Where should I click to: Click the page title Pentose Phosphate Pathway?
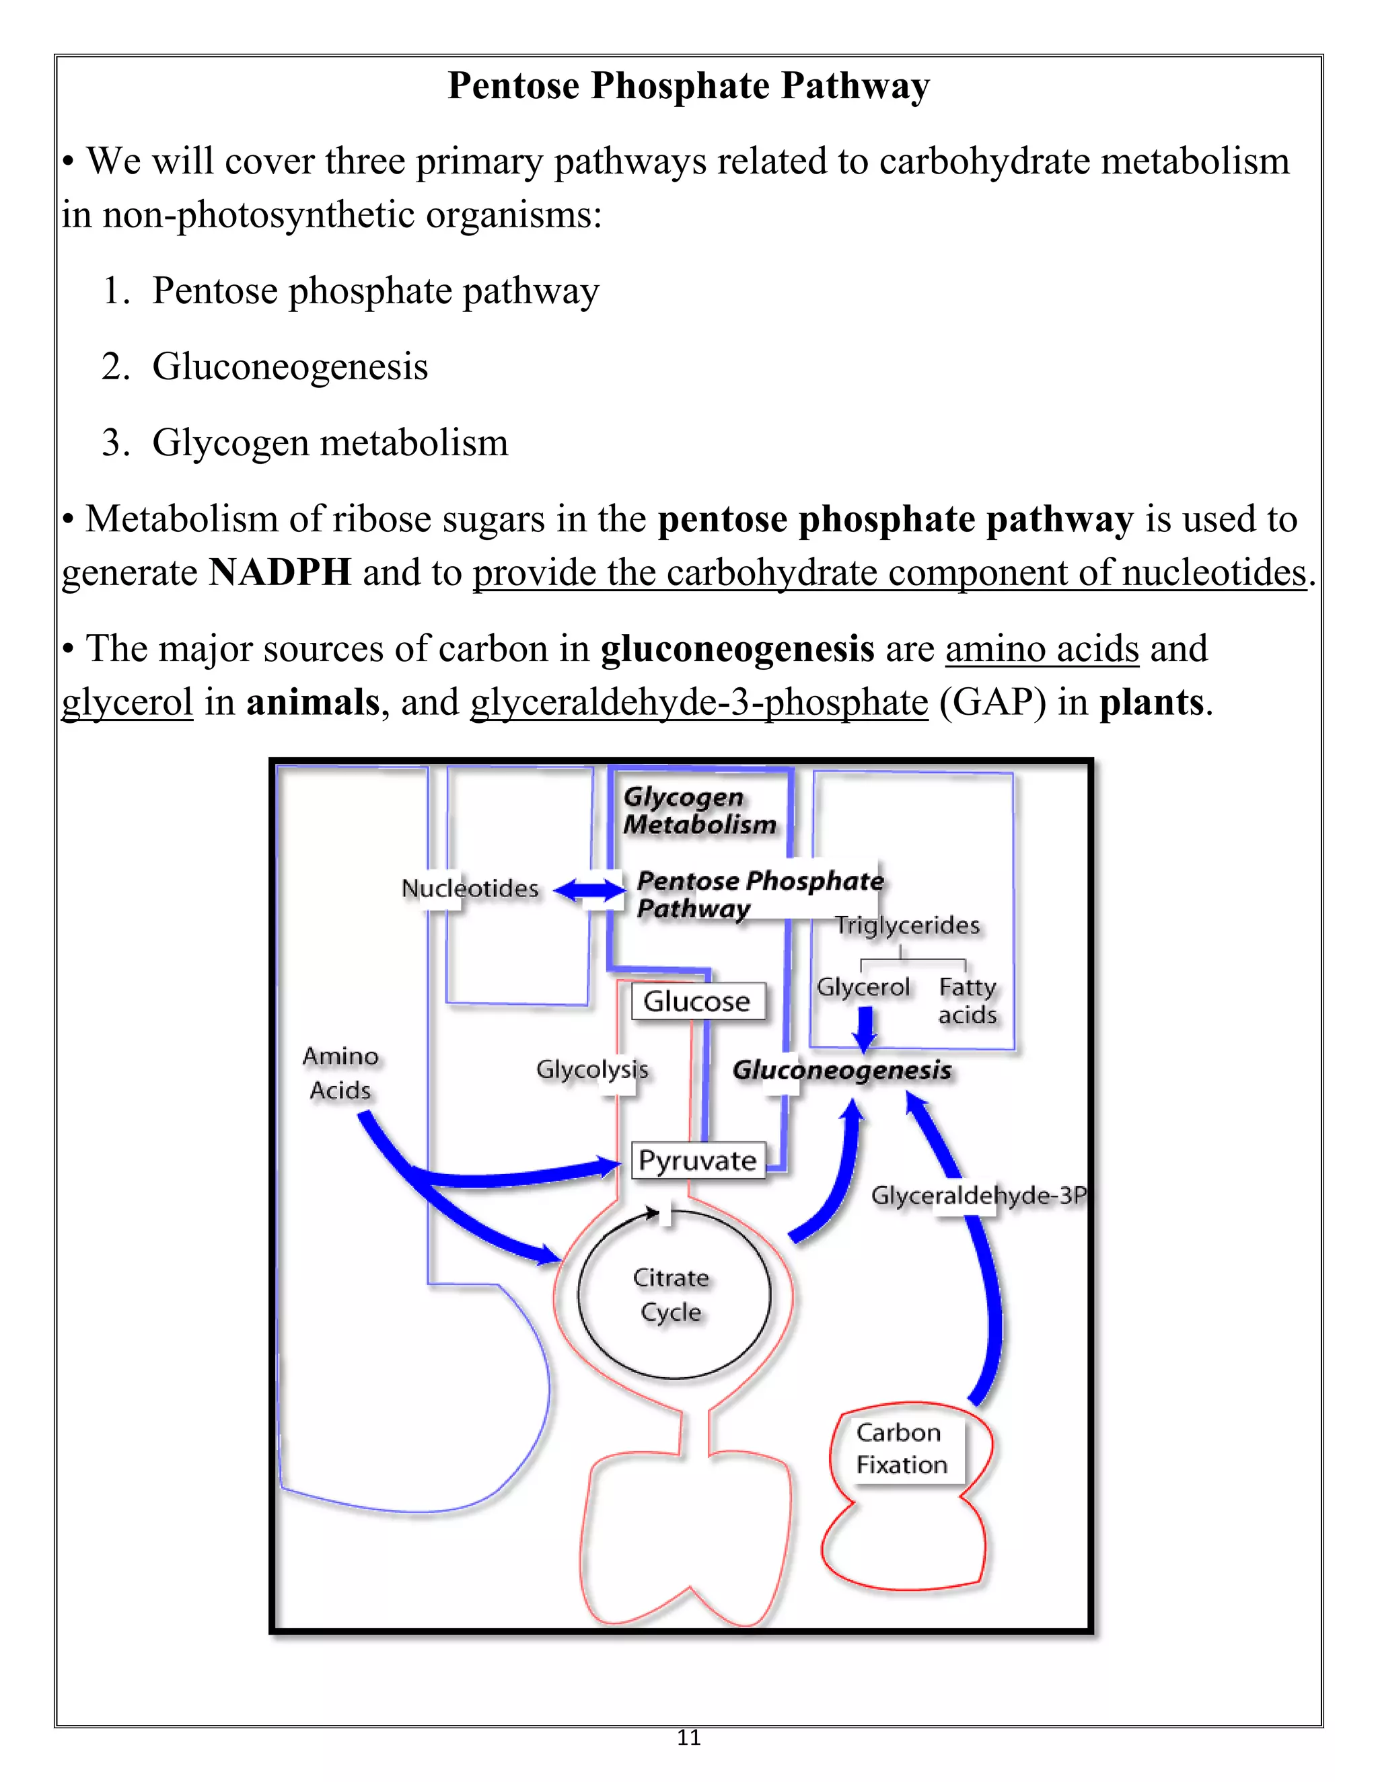[x=688, y=85]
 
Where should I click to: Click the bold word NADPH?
[x=280, y=572]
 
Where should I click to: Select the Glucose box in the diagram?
[x=697, y=1001]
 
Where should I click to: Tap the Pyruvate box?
[x=698, y=1159]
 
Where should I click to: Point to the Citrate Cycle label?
[x=671, y=1295]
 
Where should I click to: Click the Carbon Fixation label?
[x=901, y=1448]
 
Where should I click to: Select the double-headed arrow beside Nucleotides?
[x=589, y=890]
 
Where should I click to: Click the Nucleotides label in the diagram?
[x=470, y=888]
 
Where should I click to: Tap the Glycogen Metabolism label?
[x=699, y=810]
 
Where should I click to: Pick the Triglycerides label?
[x=907, y=925]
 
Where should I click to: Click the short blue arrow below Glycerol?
[x=865, y=1029]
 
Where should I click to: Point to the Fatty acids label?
[x=968, y=1001]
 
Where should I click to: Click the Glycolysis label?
[x=592, y=1069]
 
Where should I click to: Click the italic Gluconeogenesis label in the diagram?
[x=842, y=1070]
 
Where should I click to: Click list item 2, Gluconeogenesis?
[x=290, y=366]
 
